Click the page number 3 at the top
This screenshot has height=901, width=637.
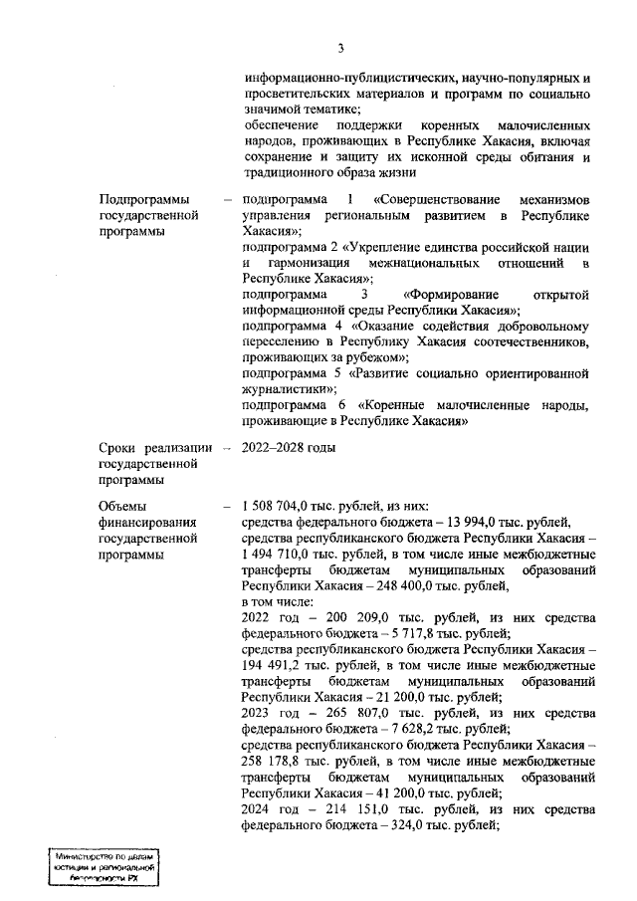[x=340, y=48]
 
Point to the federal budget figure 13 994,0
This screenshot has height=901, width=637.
[x=474, y=521]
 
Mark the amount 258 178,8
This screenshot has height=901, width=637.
[x=273, y=765]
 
